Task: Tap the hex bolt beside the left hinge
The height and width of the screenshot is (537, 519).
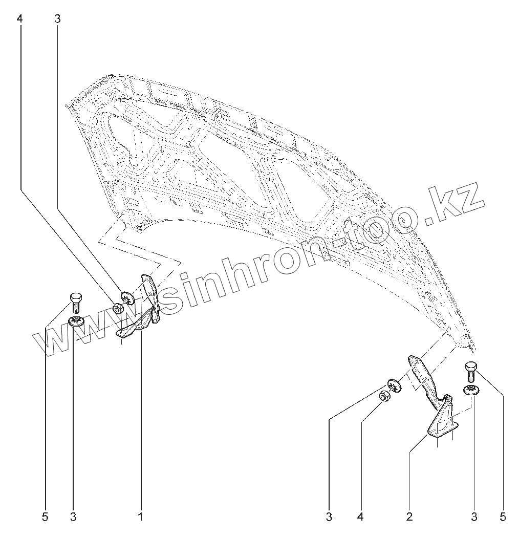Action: tap(75, 302)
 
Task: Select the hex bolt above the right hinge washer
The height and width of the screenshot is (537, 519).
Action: tap(471, 372)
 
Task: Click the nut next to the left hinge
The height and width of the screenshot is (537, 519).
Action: tap(118, 309)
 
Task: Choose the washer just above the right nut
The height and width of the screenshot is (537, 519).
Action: tap(393, 384)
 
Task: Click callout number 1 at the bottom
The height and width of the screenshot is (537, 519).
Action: tap(140, 517)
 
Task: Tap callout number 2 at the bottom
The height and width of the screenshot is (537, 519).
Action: tap(409, 517)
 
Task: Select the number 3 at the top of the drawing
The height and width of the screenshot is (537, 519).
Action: tap(57, 19)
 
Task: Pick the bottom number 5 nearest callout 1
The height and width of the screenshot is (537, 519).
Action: tap(45, 517)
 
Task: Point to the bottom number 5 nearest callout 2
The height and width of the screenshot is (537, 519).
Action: tap(504, 517)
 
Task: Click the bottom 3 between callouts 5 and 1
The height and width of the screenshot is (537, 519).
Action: tap(73, 517)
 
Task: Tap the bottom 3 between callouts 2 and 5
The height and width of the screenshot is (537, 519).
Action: tap(474, 517)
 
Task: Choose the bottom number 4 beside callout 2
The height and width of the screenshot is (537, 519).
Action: tap(360, 517)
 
